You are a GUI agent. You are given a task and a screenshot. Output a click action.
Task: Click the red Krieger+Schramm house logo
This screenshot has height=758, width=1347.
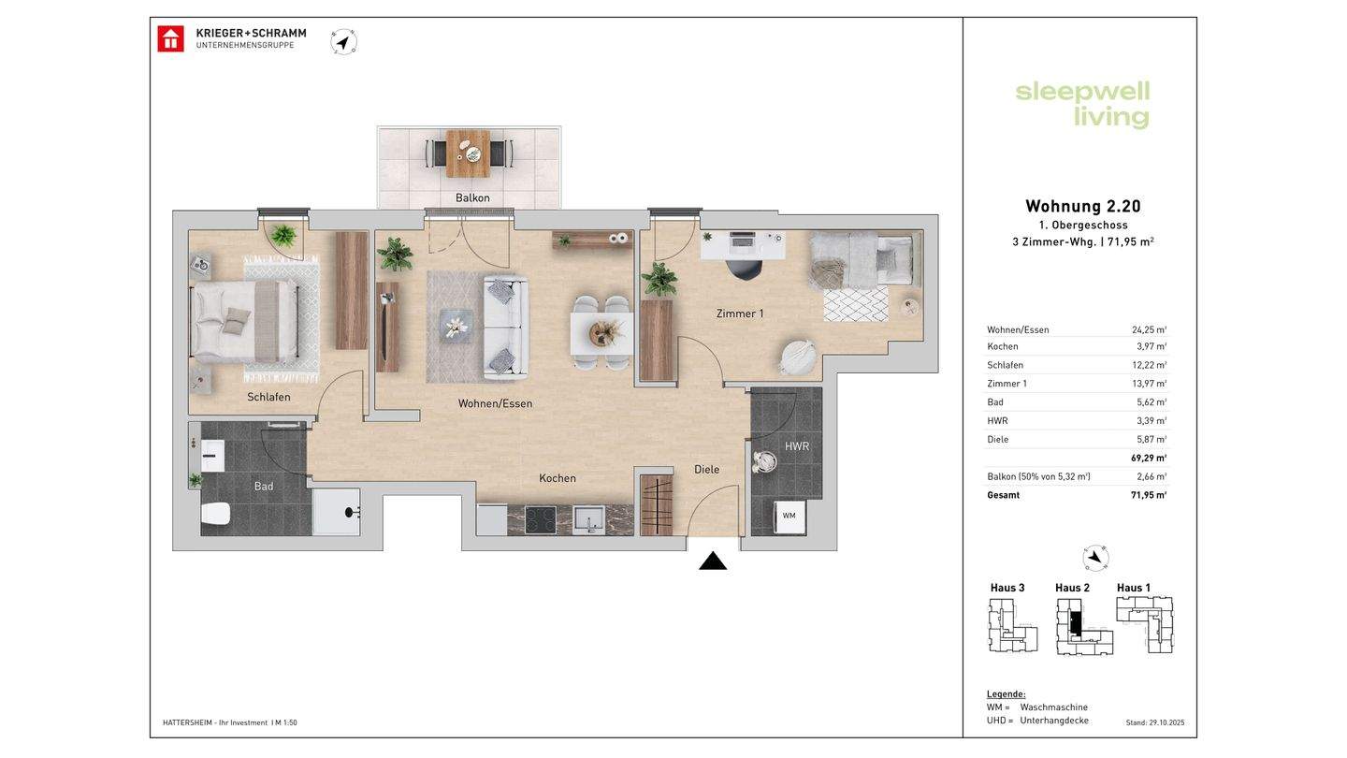(x=171, y=39)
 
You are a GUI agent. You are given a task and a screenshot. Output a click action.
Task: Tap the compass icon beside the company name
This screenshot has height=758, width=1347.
(x=343, y=42)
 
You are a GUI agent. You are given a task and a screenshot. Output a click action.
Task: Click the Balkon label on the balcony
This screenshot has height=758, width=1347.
(x=472, y=198)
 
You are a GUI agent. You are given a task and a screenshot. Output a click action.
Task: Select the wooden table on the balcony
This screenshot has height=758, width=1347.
(x=468, y=154)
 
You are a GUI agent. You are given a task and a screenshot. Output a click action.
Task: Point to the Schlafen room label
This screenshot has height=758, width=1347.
(x=268, y=397)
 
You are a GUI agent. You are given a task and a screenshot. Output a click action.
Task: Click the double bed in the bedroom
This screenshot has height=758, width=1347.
(x=245, y=322)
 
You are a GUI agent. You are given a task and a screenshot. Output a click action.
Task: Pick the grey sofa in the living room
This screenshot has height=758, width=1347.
(x=506, y=328)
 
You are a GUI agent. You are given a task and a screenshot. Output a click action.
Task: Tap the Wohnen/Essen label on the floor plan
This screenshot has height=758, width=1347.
(x=496, y=403)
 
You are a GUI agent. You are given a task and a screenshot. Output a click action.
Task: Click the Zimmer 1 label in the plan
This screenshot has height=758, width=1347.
(x=740, y=313)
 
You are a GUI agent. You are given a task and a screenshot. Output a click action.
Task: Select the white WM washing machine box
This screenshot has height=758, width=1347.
(x=789, y=517)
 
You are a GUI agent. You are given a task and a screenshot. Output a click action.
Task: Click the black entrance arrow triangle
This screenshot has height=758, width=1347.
(x=713, y=561)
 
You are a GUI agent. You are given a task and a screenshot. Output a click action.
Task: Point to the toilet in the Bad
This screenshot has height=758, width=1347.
(x=216, y=514)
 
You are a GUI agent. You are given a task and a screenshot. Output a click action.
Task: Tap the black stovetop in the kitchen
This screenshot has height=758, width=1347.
(x=541, y=520)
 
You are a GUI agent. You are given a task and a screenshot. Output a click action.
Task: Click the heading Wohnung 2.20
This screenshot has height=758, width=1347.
(x=1083, y=206)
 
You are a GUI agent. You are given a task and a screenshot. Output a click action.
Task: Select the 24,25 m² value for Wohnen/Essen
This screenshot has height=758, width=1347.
(x=1149, y=329)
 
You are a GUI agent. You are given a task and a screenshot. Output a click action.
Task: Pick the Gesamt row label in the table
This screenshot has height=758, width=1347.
(x=1004, y=495)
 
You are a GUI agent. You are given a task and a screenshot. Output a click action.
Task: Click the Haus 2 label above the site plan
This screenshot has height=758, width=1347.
(x=1072, y=588)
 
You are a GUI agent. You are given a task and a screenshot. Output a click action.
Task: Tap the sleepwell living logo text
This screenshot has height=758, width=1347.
(x=1082, y=104)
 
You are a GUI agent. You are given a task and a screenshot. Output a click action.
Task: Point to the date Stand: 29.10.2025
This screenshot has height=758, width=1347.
(x=1155, y=722)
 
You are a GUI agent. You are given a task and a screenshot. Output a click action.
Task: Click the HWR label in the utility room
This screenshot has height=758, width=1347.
(x=797, y=446)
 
